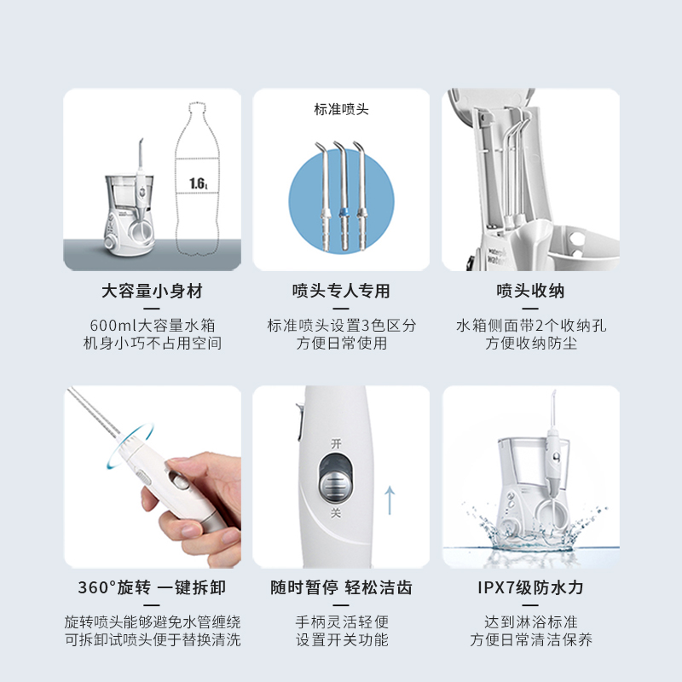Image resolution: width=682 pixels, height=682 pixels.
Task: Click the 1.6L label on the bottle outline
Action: pyautogui.click(x=198, y=183)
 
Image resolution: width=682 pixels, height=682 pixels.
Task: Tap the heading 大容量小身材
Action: pyautogui.click(x=153, y=292)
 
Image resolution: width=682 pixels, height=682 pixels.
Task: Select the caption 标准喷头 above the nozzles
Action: pyautogui.click(x=341, y=109)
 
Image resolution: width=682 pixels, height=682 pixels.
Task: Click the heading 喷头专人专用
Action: pyautogui.click(x=341, y=292)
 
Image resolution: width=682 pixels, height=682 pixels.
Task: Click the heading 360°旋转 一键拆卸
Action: pyautogui.click(x=153, y=588)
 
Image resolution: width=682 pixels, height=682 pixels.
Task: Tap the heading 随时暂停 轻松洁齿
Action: pyautogui.click(x=341, y=588)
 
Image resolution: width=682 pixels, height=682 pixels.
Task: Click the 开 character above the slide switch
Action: pyautogui.click(x=336, y=442)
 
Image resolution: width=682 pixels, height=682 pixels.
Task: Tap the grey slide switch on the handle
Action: pyautogui.click(x=337, y=483)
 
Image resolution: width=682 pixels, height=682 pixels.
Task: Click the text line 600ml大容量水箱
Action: pyautogui.click(x=153, y=326)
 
